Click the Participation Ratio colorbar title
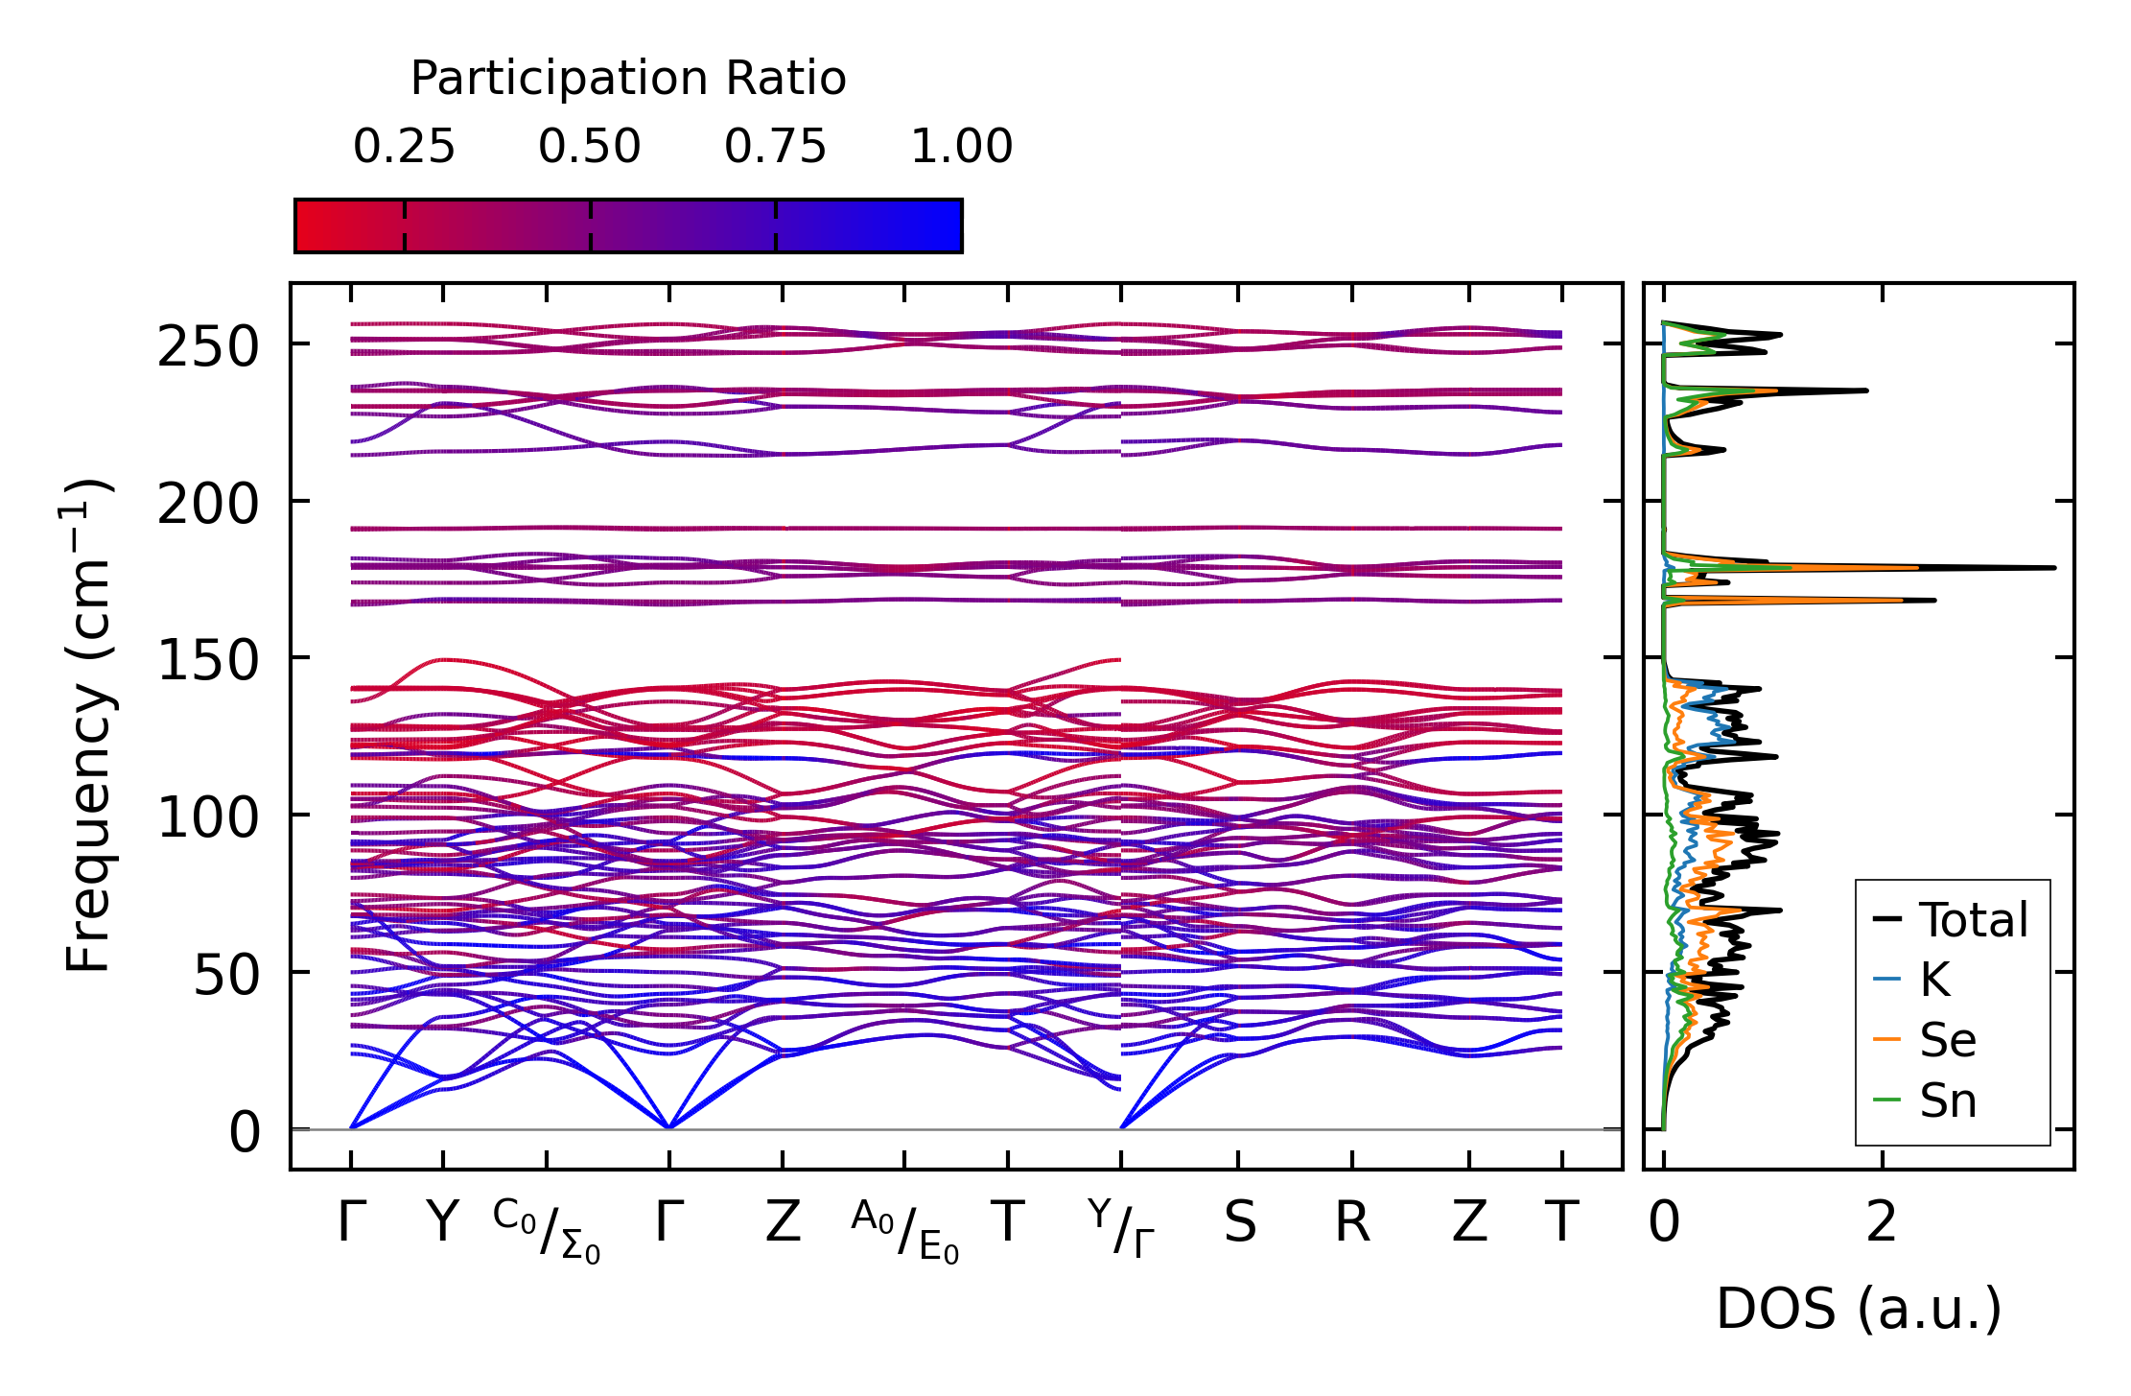point(628,79)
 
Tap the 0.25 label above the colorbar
point(404,147)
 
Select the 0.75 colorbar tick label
point(775,147)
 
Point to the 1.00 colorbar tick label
point(961,147)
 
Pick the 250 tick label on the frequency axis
point(208,346)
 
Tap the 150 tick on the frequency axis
point(208,661)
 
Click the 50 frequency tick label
point(226,976)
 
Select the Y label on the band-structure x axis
point(442,1223)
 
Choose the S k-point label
point(1239,1223)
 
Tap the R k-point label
point(1352,1223)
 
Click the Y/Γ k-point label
point(1121,1229)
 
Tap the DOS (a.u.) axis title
point(1859,1309)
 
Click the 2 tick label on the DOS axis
point(1882,1223)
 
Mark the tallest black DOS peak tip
point(2055,568)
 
